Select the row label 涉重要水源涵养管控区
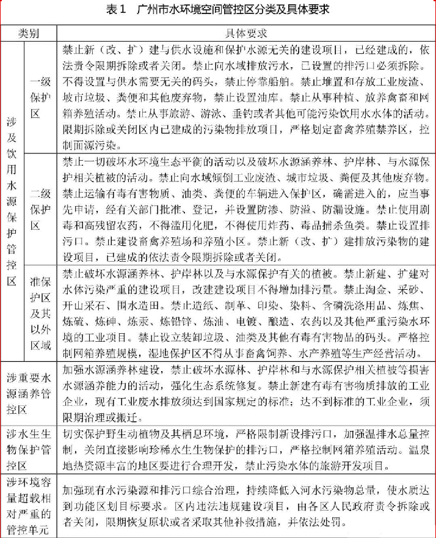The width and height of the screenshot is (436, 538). coord(29,386)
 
